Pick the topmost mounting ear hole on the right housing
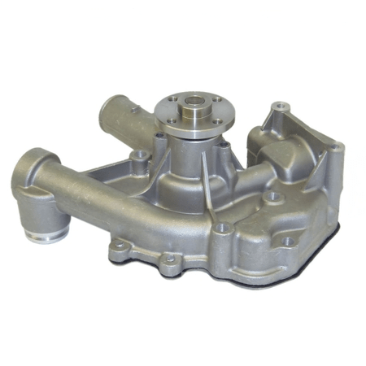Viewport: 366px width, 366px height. pos(281,106)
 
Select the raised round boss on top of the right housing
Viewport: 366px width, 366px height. pos(272,197)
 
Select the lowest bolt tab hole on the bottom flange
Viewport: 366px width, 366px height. pos(169,259)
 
